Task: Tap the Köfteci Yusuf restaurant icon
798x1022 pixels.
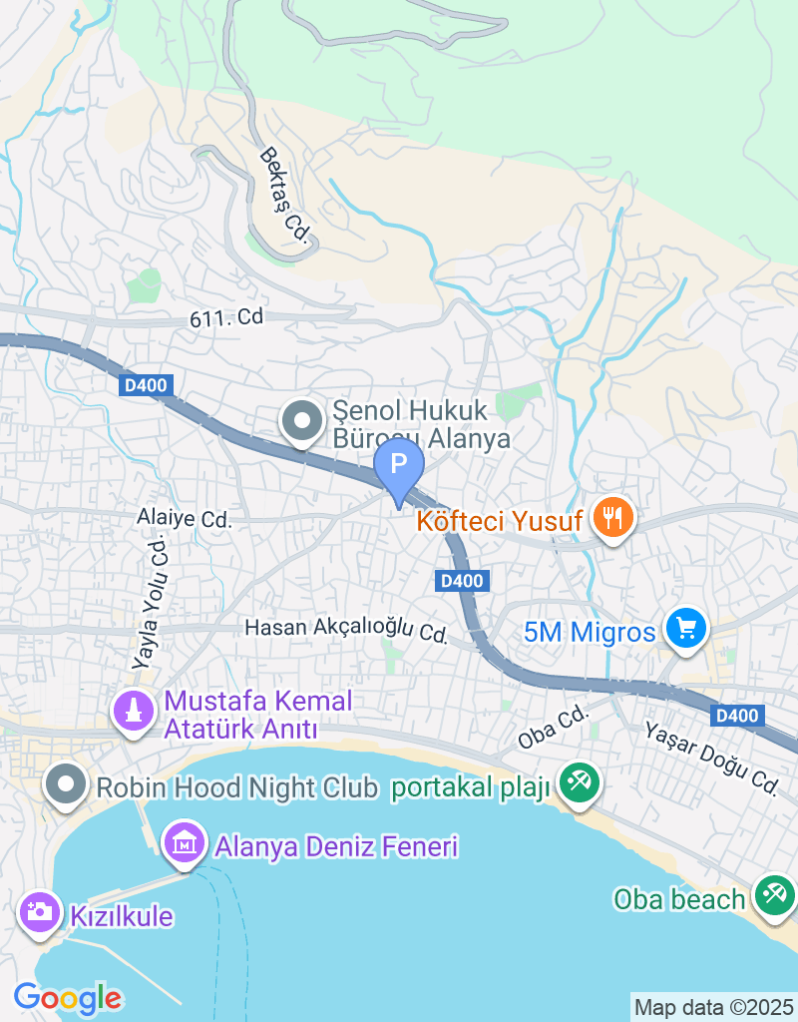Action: pyautogui.click(x=607, y=517)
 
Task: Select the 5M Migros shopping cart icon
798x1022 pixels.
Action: pyautogui.click(x=685, y=629)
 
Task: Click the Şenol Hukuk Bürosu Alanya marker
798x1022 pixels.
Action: pyautogui.click(x=300, y=422)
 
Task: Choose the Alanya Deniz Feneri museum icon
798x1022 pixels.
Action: pyautogui.click(x=185, y=845)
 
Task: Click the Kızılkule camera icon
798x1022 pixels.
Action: pyautogui.click(x=40, y=911)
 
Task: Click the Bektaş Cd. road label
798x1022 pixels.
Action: pyautogui.click(x=286, y=195)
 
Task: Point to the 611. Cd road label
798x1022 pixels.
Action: pyautogui.click(x=226, y=318)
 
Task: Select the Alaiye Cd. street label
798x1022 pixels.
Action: pyautogui.click(x=185, y=520)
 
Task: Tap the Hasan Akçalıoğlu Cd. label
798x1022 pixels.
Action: pyautogui.click(x=346, y=630)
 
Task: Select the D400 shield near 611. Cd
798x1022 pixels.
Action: pyautogui.click(x=147, y=385)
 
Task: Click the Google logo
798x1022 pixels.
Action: pyautogui.click(x=67, y=996)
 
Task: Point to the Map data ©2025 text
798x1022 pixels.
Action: pyautogui.click(x=714, y=1006)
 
